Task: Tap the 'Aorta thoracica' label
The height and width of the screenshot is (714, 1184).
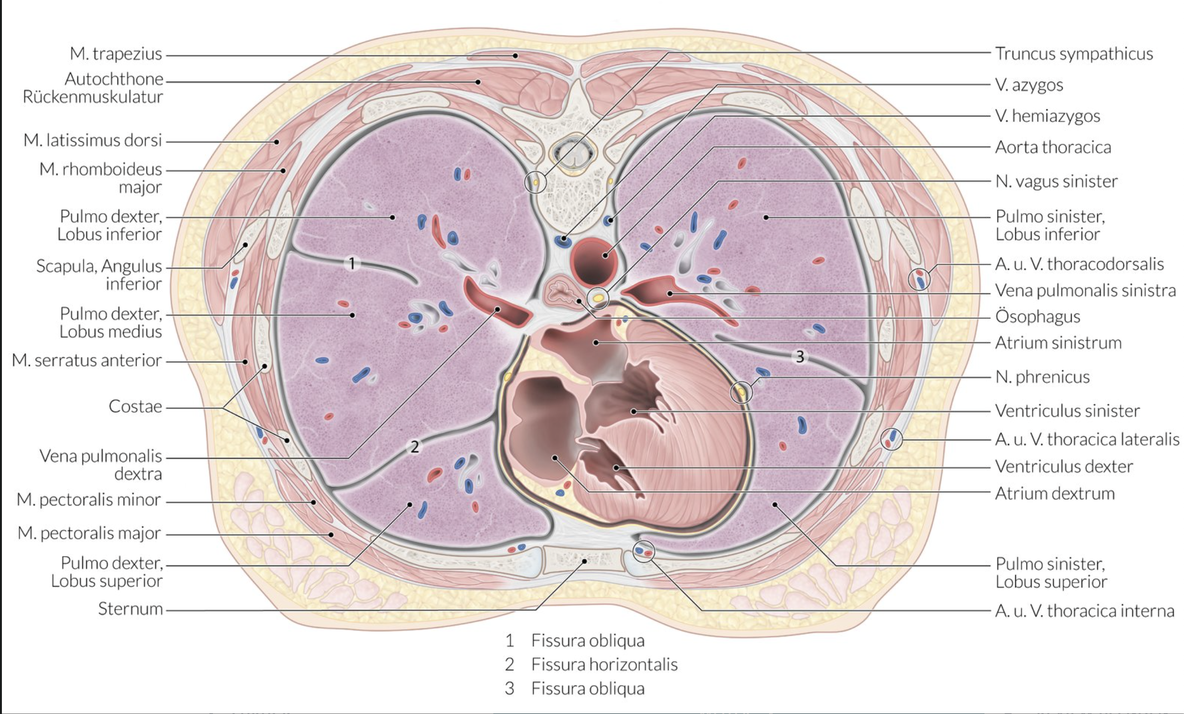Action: [x=1053, y=147]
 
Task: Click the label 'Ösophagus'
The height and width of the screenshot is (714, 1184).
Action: [x=1038, y=317]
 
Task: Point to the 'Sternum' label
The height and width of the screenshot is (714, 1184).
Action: [x=130, y=609]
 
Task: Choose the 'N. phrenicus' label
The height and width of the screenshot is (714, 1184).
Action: [x=1042, y=377]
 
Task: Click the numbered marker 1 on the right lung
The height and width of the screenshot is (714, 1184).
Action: [x=352, y=263]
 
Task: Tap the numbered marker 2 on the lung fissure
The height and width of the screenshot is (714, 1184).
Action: [x=414, y=447]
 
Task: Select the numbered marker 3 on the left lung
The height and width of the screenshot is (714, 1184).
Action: [x=800, y=357]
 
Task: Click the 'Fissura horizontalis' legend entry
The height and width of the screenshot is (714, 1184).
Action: [x=604, y=665]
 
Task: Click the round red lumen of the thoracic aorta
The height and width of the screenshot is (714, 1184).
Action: [x=592, y=262]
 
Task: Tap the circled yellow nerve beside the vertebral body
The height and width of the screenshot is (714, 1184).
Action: [x=535, y=183]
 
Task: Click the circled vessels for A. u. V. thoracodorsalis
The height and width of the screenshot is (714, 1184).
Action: [x=919, y=279]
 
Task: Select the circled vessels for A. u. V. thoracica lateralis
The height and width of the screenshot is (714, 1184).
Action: [x=891, y=439]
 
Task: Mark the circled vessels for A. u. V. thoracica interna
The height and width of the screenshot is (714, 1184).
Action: [x=644, y=551]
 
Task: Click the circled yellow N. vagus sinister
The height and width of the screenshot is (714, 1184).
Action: [x=598, y=298]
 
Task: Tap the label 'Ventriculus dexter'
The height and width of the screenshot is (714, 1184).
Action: [x=1064, y=467]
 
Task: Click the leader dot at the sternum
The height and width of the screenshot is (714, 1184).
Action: [x=585, y=561]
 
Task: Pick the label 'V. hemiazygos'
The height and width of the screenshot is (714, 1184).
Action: [x=1047, y=116]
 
